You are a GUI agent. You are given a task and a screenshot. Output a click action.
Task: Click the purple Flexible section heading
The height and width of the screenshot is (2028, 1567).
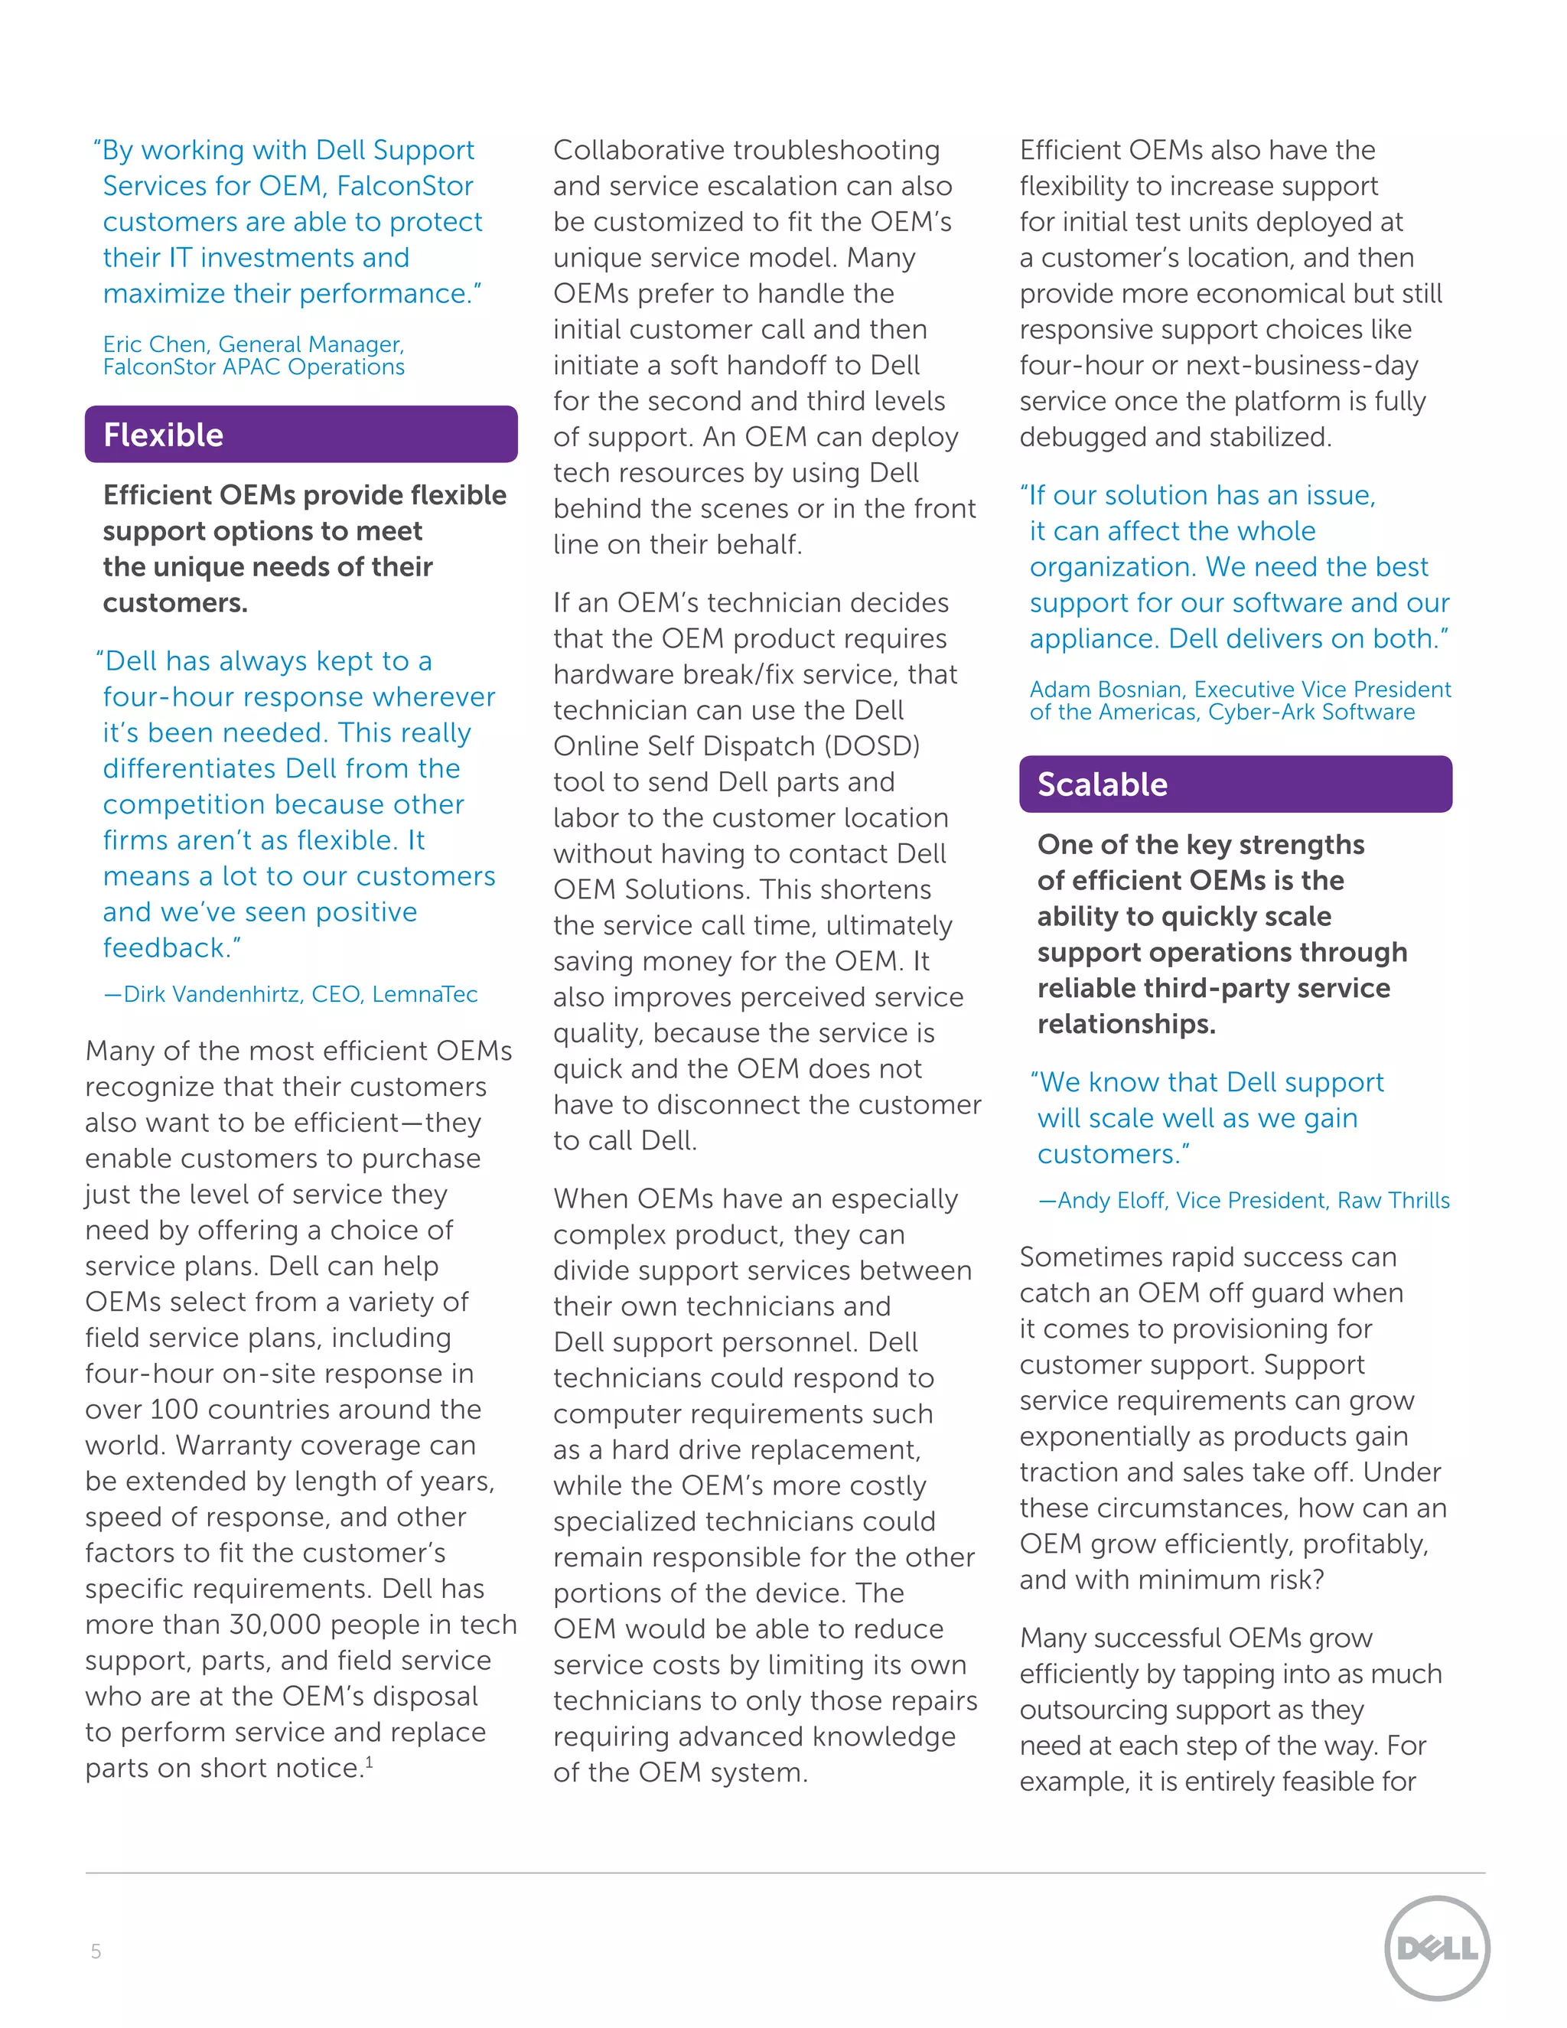pyautogui.click(x=301, y=435)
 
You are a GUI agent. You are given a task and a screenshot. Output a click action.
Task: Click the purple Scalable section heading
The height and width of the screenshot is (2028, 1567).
pyautogui.click(x=1235, y=784)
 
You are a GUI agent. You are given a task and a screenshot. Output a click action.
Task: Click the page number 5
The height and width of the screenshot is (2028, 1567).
pyautogui.click(x=96, y=1951)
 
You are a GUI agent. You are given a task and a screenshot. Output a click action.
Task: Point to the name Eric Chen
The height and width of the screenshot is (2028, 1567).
pyautogui.click(x=154, y=344)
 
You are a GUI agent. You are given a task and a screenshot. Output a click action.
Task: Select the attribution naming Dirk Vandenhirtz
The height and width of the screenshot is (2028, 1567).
pyautogui.click(x=290, y=995)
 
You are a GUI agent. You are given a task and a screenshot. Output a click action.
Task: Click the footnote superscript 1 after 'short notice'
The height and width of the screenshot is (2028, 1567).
pyautogui.click(x=369, y=1762)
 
